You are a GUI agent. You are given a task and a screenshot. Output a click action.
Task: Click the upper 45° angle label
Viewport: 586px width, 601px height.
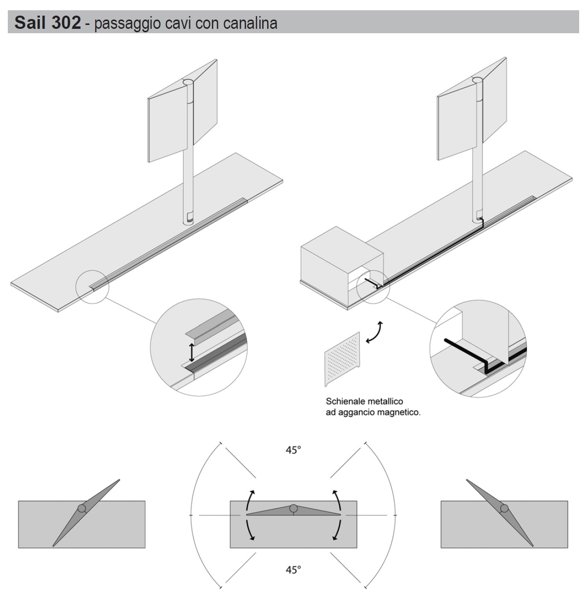(x=293, y=450)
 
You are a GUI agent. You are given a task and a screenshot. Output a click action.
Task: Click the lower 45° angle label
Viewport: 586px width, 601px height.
(x=293, y=569)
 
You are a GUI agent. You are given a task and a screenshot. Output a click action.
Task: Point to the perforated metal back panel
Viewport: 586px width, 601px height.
(x=342, y=359)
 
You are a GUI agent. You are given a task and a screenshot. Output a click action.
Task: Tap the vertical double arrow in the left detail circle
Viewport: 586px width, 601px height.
(x=192, y=351)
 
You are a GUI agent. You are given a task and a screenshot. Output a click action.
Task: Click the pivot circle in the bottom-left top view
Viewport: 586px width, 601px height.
(x=82, y=508)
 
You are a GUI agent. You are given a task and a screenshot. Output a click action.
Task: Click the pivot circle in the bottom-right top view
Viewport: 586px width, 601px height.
(x=503, y=508)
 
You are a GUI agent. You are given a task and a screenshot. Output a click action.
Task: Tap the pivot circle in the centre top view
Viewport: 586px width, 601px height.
(x=293, y=508)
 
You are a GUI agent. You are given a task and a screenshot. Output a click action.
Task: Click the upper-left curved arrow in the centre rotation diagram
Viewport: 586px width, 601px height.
(x=251, y=499)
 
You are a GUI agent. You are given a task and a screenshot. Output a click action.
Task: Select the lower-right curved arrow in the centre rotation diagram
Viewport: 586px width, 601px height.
(x=335, y=529)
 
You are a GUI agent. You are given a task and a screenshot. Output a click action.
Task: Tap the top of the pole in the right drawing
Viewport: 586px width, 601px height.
(x=477, y=81)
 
